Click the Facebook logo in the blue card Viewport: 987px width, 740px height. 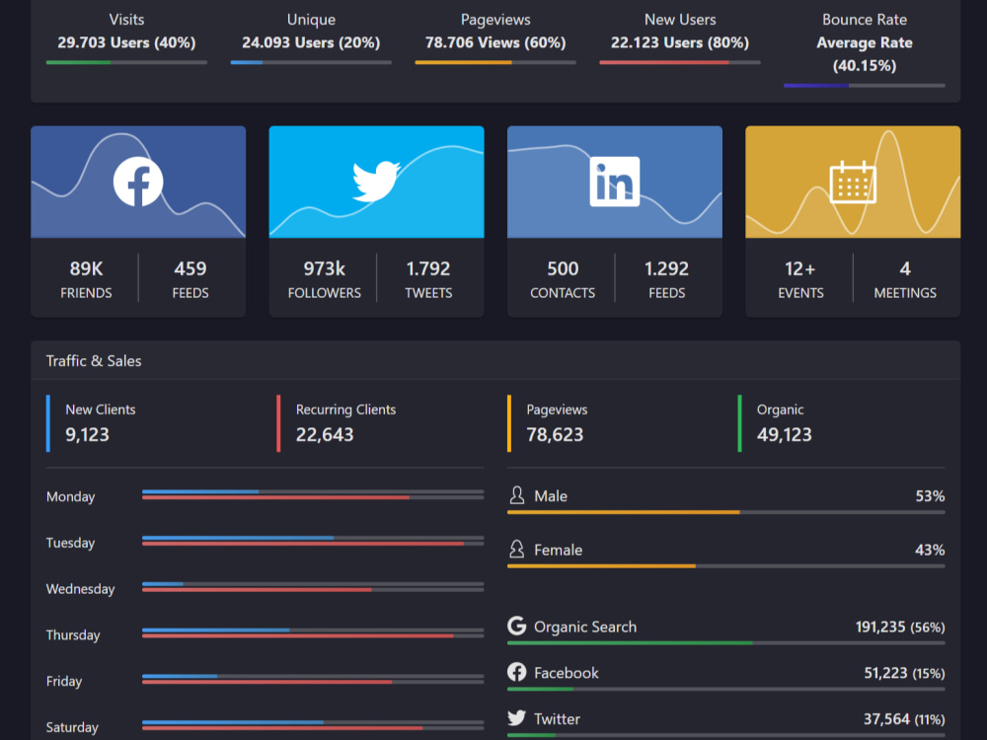(138, 182)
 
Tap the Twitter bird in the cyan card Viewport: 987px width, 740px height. (376, 182)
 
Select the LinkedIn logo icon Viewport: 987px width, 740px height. (614, 182)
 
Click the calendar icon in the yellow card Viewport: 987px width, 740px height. (853, 182)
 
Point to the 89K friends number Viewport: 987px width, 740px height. (86, 268)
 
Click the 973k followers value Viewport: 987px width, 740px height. (324, 268)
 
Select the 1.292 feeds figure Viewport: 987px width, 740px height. (666, 268)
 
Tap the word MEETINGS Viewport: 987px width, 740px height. (905, 293)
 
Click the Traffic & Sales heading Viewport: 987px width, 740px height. (94, 360)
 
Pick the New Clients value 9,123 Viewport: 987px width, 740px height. (87, 434)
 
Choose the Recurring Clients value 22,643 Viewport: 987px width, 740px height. (325, 434)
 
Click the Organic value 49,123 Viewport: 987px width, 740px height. (785, 434)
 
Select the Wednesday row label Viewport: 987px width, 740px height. (81, 589)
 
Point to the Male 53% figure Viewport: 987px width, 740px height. (931, 496)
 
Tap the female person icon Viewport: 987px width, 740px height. (517, 550)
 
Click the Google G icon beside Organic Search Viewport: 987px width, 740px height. (517, 627)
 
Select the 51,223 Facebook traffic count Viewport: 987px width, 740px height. (885, 673)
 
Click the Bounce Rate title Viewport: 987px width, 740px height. (865, 20)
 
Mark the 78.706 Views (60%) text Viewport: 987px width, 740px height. (495, 42)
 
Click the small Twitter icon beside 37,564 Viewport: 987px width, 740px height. (517, 718)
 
